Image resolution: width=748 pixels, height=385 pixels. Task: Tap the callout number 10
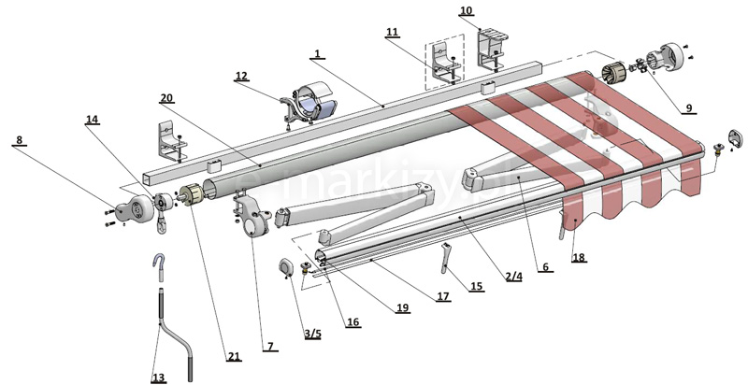click(466, 11)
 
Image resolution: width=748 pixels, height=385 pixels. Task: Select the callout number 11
click(393, 33)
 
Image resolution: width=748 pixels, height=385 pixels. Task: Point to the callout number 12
click(241, 76)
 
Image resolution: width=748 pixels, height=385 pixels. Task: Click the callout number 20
click(166, 99)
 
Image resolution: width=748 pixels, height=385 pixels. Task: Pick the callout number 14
click(92, 121)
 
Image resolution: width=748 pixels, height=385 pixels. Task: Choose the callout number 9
click(688, 109)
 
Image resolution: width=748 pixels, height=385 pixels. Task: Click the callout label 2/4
click(513, 277)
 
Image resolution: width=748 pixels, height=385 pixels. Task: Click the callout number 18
click(579, 257)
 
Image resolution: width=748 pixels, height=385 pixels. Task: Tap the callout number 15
click(477, 287)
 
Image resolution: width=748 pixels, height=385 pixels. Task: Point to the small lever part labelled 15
click(445, 257)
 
